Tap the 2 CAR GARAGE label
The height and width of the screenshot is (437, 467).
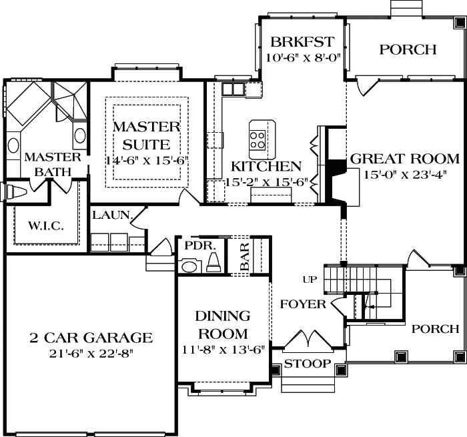coord(91,338)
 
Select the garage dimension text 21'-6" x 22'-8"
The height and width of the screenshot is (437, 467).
coord(91,353)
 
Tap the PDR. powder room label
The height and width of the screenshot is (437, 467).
coord(200,245)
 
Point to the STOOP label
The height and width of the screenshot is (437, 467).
coord(307,364)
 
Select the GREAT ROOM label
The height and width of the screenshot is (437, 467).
coord(404,159)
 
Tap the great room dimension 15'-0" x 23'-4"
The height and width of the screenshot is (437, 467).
coord(404,175)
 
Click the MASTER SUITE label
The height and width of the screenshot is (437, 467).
coord(146,135)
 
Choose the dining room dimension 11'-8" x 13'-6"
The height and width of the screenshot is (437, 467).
coord(223,348)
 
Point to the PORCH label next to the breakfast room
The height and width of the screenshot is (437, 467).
coord(408,50)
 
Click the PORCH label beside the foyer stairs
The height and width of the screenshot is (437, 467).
coord(435,329)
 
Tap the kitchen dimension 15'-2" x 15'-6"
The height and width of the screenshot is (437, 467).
coord(266,181)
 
